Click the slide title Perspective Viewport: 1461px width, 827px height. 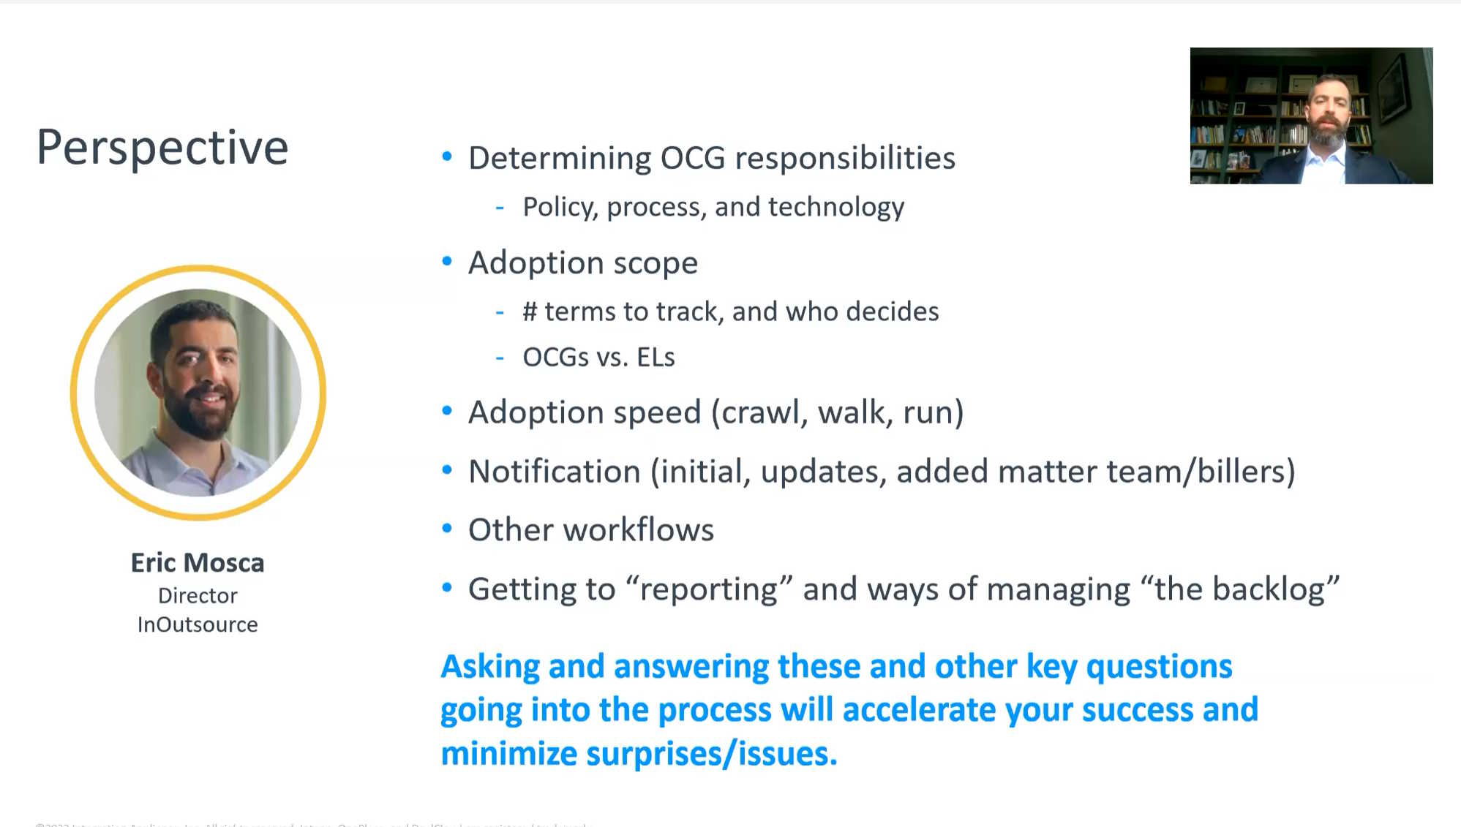tap(162, 148)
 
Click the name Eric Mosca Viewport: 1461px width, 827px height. tap(198, 562)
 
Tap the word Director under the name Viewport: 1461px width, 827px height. tap(198, 595)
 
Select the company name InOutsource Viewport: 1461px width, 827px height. tap(198, 624)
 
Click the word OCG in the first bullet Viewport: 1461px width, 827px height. tap(692, 158)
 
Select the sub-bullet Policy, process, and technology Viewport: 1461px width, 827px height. tap(713, 207)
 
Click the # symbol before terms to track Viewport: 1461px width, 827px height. tap(530, 312)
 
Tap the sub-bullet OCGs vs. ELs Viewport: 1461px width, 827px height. tap(598, 358)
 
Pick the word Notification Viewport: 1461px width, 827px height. tap(554, 472)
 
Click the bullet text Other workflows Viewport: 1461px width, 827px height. tap(590, 530)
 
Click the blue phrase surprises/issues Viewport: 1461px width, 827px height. tap(711, 754)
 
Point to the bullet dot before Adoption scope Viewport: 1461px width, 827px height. tap(447, 261)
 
